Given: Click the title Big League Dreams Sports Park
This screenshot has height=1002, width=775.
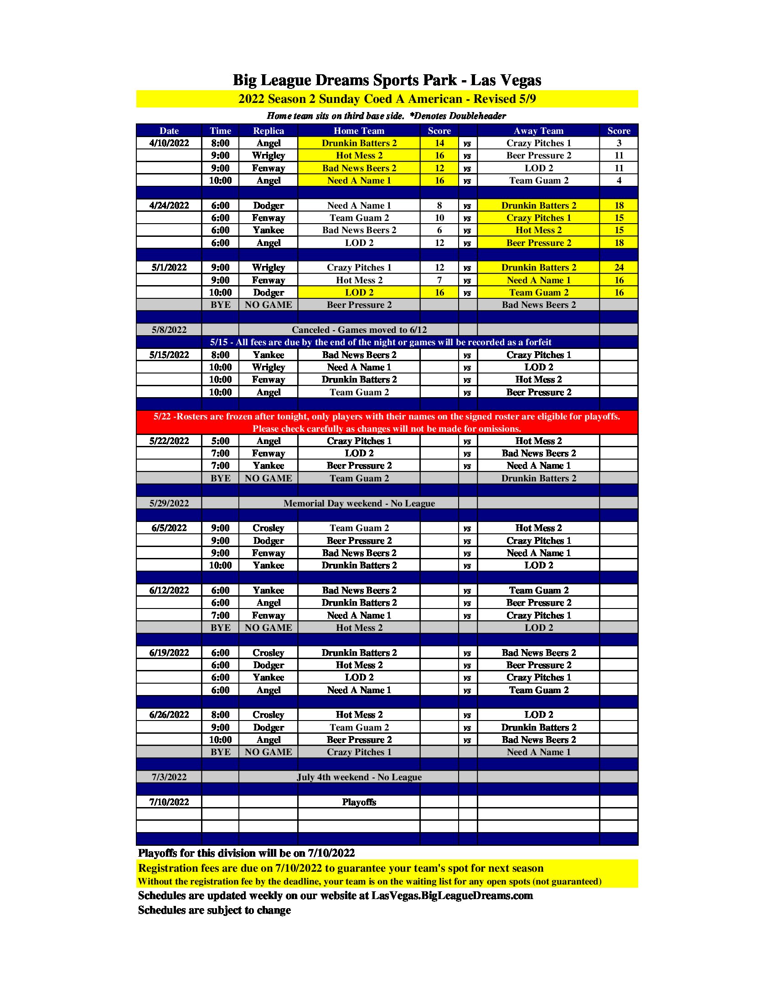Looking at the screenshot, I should point(387,80).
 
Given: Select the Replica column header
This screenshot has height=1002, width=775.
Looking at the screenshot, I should point(268,131).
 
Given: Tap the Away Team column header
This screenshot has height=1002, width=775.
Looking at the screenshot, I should point(538,131).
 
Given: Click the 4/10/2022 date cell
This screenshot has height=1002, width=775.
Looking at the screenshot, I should point(169,143).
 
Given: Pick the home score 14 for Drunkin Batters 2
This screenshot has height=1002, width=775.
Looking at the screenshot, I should point(439,143).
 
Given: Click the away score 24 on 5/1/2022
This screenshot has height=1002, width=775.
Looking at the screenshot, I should point(619,267).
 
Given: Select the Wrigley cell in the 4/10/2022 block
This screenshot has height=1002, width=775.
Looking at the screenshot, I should point(268,155).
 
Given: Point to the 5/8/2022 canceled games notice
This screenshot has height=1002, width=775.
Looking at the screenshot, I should point(359,330).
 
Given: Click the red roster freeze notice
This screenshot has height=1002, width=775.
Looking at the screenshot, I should point(387,423).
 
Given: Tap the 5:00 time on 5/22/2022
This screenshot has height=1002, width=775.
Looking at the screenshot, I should point(220,441).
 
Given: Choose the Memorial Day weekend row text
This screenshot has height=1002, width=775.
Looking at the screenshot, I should point(359,503).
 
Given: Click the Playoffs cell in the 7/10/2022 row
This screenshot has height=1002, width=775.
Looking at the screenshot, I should point(359,802).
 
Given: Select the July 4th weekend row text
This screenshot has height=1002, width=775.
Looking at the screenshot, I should point(359,777).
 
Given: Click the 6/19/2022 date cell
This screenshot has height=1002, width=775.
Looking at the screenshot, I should point(169,653).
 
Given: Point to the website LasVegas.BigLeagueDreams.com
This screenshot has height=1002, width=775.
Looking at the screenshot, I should point(452,895).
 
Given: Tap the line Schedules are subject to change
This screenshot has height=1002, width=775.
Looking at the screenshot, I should point(214,910).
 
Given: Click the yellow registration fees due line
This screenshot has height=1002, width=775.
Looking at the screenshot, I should point(341,868).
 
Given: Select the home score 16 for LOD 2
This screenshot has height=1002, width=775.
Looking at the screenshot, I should point(439,293).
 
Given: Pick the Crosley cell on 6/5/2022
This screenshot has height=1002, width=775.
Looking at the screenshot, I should point(268,528).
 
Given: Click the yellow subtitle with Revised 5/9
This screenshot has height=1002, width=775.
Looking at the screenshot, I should point(387,99).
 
